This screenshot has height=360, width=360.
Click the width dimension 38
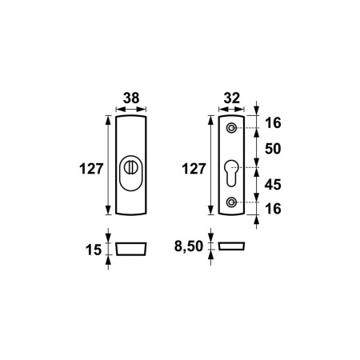pyautogui.click(x=130, y=98)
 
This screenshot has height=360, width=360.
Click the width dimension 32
pyautogui.click(x=231, y=98)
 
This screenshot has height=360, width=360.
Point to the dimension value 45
pyautogui.click(x=273, y=186)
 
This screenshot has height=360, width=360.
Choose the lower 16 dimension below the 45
pyautogui.click(x=273, y=210)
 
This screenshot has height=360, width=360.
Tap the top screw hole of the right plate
pyautogui.click(x=232, y=129)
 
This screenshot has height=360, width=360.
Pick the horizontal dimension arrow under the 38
pyautogui.click(x=130, y=110)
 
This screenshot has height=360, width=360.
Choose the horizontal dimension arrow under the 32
pyautogui.click(x=231, y=110)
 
